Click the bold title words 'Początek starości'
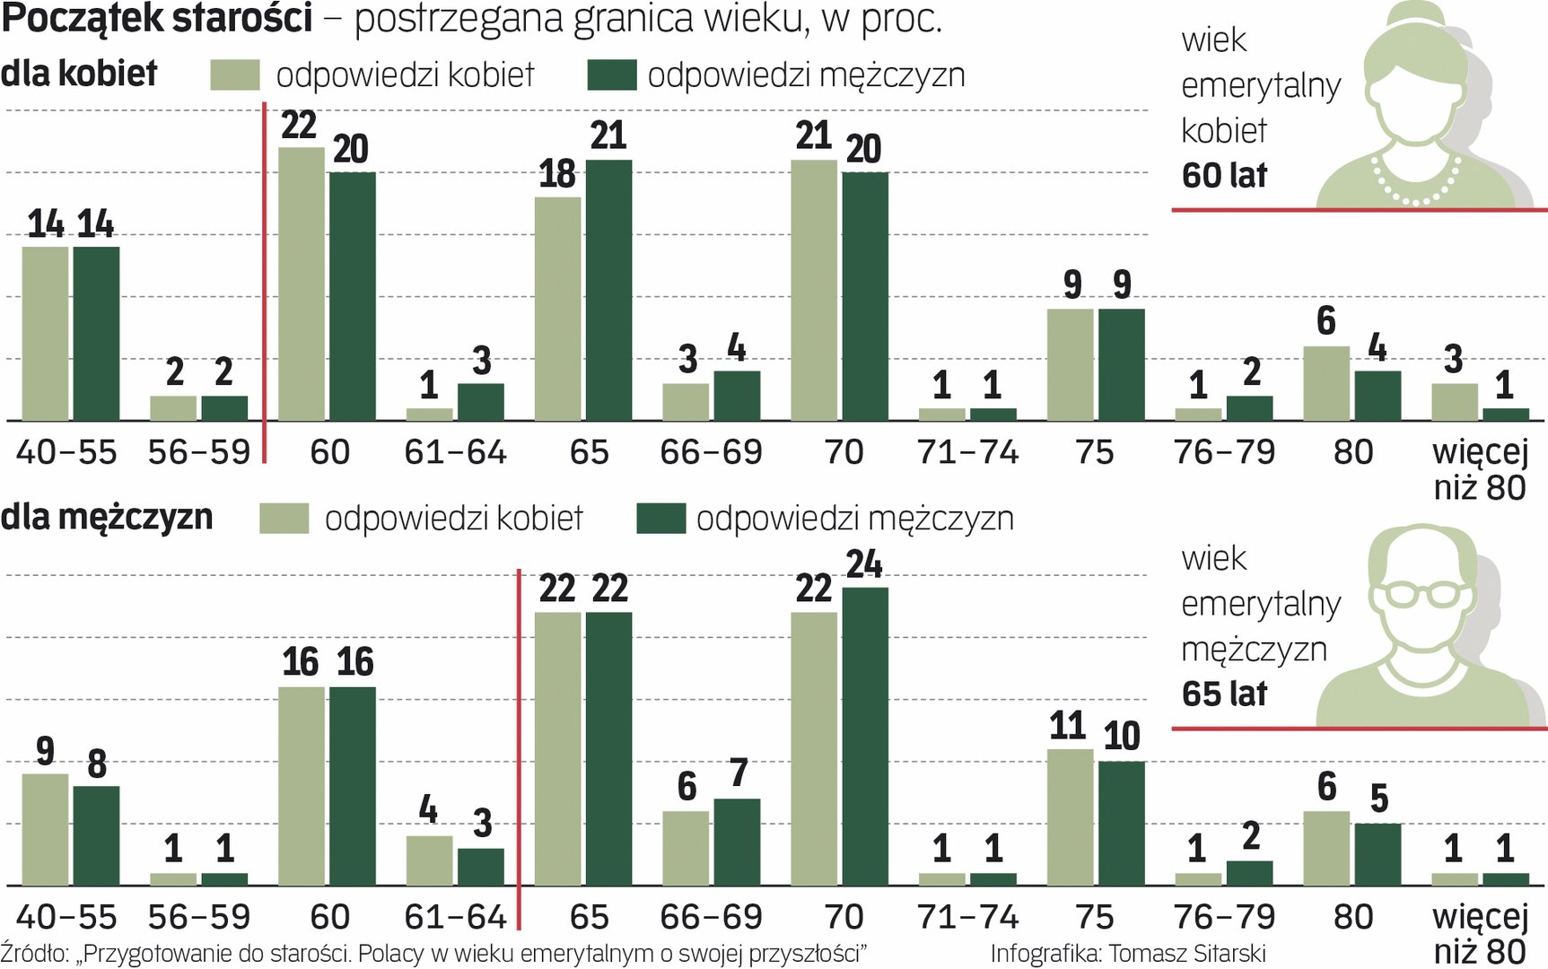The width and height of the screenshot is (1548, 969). pyautogui.click(x=157, y=18)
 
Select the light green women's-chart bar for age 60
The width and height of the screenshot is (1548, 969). pyautogui.click(x=302, y=284)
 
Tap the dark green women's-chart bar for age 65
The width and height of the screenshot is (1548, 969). pyautogui.click(x=608, y=290)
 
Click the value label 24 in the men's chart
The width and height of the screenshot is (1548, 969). pyautogui.click(x=864, y=564)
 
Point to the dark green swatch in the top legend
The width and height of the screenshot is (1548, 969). pyautogui.click(x=612, y=75)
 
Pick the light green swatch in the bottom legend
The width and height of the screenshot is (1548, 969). pyautogui.click(x=284, y=519)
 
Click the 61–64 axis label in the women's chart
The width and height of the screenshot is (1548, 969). pyautogui.click(x=455, y=452)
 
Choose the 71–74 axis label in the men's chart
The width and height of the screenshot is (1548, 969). pyautogui.click(x=967, y=917)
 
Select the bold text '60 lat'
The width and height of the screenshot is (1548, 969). pyautogui.click(x=1224, y=175)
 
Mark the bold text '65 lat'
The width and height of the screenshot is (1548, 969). pyautogui.click(x=1224, y=694)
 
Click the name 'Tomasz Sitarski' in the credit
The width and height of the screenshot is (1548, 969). pyautogui.click(x=1187, y=953)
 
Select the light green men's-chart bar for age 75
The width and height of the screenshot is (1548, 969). pyautogui.click(x=1070, y=817)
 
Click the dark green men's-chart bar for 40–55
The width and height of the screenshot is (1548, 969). pyautogui.click(x=96, y=836)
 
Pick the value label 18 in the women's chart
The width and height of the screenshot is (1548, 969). pyautogui.click(x=557, y=174)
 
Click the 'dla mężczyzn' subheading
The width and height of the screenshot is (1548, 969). pyautogui.click(x=107, y=518)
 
